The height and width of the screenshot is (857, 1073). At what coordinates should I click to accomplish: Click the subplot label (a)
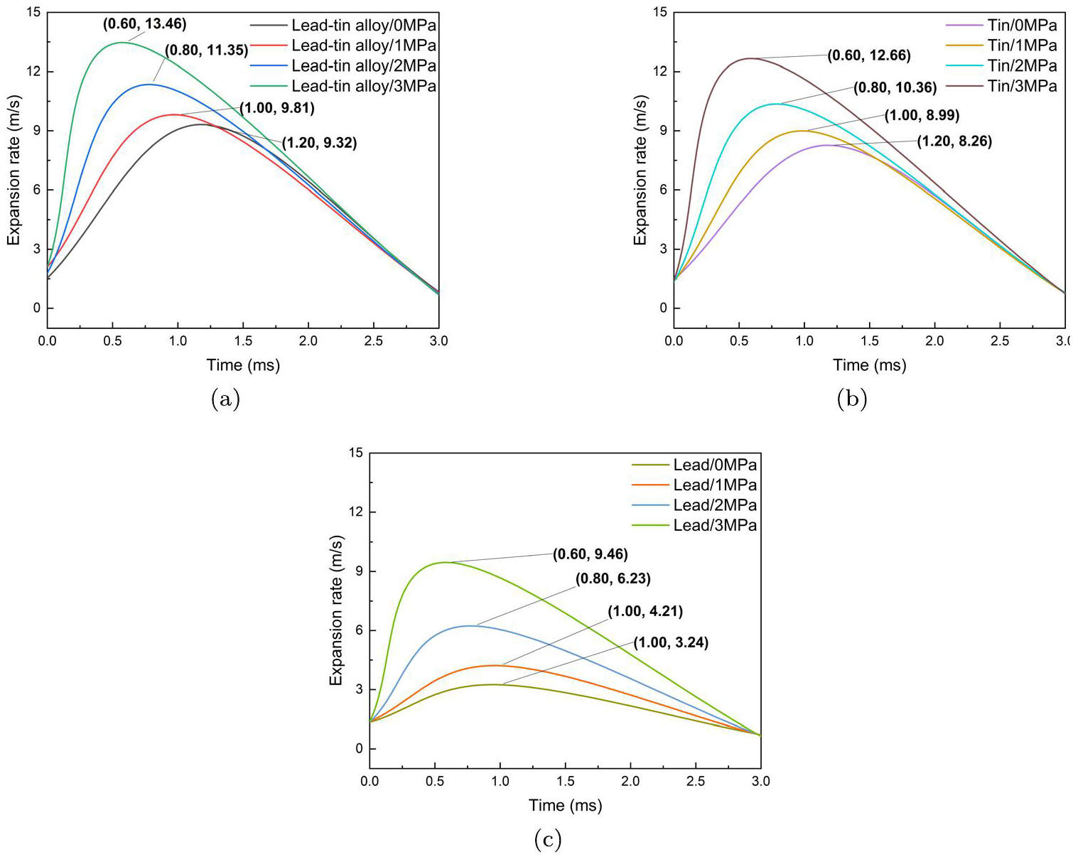[x=225, y=399]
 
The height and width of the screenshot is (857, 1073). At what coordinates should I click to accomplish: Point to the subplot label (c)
[x=547, y=840]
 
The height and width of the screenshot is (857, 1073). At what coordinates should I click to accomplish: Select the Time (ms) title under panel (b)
[x=870, y=365]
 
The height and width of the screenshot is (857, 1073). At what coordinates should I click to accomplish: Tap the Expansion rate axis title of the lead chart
[x=336, y=610]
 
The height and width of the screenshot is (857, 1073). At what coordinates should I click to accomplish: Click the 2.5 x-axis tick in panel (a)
[x=373, y=341]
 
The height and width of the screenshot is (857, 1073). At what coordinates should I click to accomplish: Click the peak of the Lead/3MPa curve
[x=446, y=562]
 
